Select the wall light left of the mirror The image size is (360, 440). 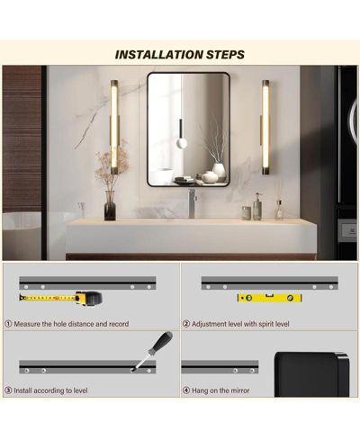pos(115,127)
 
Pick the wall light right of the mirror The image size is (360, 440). pos(265,127)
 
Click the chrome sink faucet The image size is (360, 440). pos(192,203)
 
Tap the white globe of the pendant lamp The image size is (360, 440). pos(182,143)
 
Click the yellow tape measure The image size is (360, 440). pos(61,298)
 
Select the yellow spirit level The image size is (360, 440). pos(269,298)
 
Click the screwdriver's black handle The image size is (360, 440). pos(160,345)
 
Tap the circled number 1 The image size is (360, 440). pos(8,324)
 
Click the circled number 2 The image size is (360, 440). pos(186,324)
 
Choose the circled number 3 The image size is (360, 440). pos(8,391)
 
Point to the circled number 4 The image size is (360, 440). pos(186,391)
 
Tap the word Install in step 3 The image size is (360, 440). pos(23,391)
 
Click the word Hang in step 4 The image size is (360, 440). pos(200,391)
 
